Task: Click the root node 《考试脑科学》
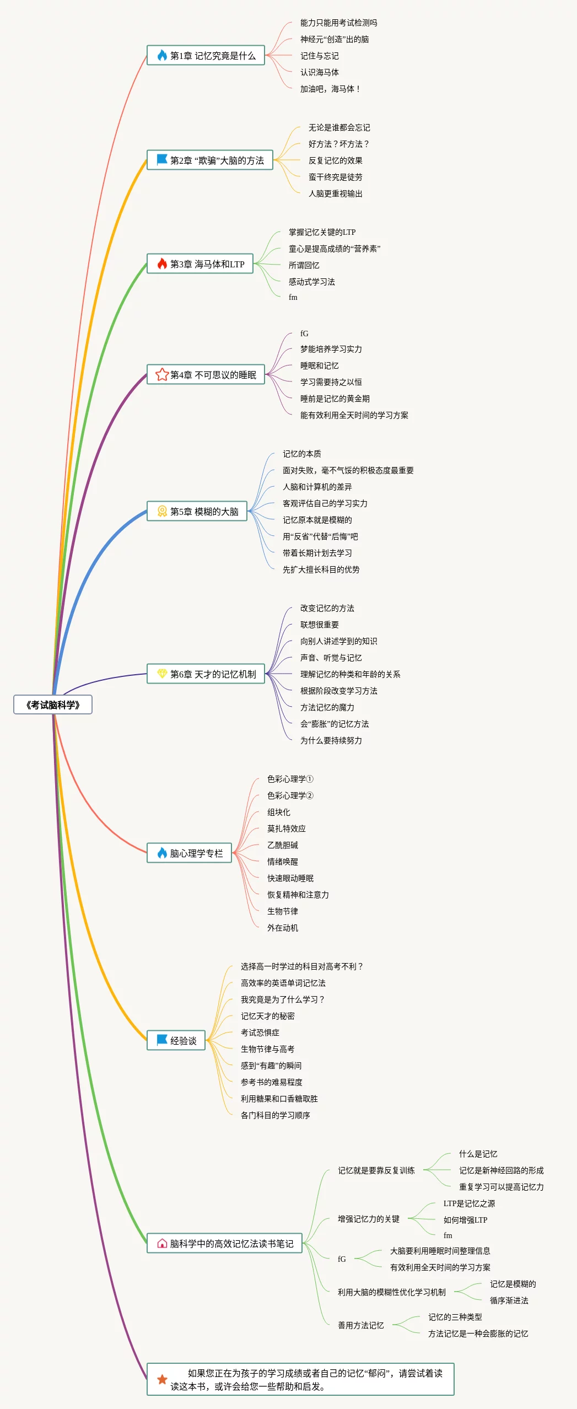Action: [53, 704]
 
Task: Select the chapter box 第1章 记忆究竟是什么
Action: [206, 55]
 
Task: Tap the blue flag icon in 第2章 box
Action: [162, 160]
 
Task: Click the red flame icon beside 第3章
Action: [162, 263]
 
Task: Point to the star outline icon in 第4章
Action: [162, 374]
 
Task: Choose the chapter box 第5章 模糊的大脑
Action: [197, 511]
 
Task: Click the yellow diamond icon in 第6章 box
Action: [162, 674]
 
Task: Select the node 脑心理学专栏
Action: [189, 853]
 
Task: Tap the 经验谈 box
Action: [176, 1040]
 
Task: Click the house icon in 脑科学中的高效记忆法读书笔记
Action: [162, 1243]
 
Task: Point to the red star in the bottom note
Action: [162, 1379]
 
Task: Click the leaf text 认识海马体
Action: [319, 72]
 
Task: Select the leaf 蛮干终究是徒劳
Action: [335, 177]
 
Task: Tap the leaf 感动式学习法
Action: [311, 282]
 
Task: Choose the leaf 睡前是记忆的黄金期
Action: [335, 399]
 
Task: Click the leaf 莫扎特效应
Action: [286, 829]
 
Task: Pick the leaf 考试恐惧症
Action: [260, 1032]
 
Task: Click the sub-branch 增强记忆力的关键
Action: [368, 1219]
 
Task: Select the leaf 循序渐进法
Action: [509, 1300]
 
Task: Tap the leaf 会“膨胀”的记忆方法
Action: [334, 724]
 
